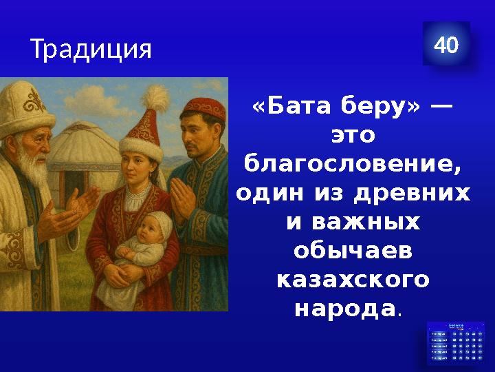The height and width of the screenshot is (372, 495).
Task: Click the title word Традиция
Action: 90,50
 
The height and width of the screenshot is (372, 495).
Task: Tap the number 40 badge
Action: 446,46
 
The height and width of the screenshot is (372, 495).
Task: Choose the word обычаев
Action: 353,252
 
